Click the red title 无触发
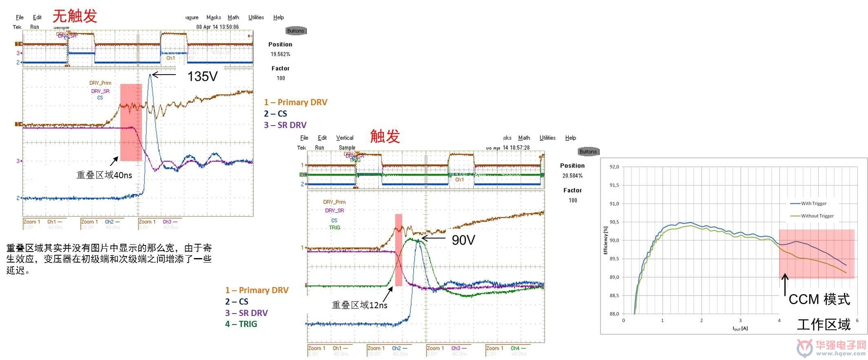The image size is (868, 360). (x=75, y=16)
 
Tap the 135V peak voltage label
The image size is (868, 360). (x=202, y=76)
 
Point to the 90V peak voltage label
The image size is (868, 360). (x=463, y=240)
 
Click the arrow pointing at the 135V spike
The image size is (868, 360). (x=164, y=75)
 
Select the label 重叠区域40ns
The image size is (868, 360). (x=104, y=175)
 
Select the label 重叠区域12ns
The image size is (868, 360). (x=359, y=305)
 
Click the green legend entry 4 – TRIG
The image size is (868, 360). (x=241, y=324)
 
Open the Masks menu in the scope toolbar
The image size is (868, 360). (x=213, y=18)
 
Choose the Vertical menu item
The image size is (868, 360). (x=345, y=138)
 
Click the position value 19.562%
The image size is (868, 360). (x=280, y=54)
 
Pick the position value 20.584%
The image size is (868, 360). (x=572, y=176)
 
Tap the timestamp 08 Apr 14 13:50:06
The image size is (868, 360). (x=217, y=27)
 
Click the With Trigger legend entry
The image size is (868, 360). (x=813, y=203)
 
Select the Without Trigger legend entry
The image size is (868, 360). (x=817, y=216)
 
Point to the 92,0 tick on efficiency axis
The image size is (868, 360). (x=614, y=167)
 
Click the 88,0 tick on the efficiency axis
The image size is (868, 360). (x=614, y=314)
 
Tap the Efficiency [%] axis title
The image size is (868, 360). (x=605, y=241)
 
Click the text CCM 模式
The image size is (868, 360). (x=819, y=300)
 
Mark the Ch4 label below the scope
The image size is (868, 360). (x=515, y=348)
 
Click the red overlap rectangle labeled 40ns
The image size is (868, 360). (x=131, y=122)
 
